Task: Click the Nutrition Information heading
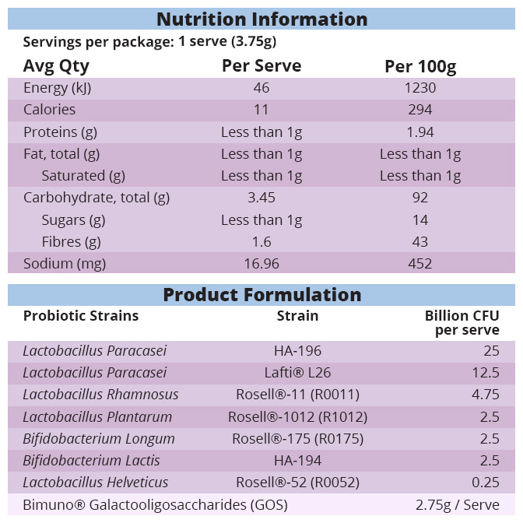tap(261, 19)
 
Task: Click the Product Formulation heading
tap(261, 295)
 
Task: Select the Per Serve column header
tap(261, 65)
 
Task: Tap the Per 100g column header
tap(420, 66)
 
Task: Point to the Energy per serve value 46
tap(261, 88)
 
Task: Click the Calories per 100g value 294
tap(420, 110)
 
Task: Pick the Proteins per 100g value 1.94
tap(420, 132)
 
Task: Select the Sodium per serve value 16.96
tap(261, 264)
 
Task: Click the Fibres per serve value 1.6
tap(261, 242)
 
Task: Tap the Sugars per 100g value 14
tap(420, 220)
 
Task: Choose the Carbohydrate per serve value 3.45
tap(261, 198)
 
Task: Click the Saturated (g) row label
tap(83, 176)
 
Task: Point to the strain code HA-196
tap(297, 351)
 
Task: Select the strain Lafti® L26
tap(297, 373)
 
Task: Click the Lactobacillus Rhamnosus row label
tap(100, 395)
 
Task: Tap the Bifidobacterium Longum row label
tap(99, 438)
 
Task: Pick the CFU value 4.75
tap(485, 395)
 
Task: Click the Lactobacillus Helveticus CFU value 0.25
tap(485, 483)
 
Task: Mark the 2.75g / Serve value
tap(457, 505)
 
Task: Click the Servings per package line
tap(149, 41)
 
